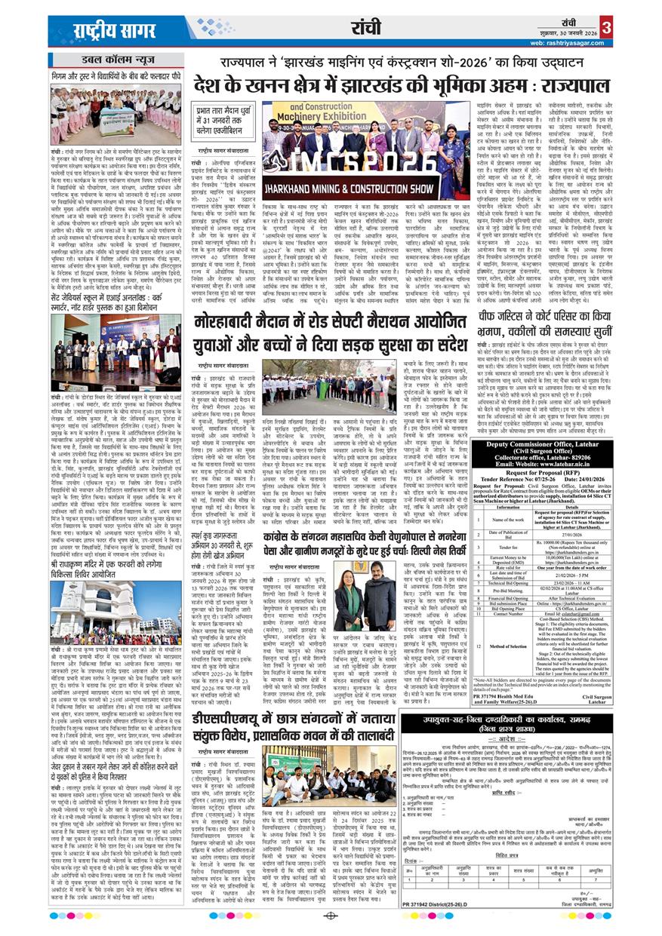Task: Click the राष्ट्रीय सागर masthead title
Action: tap(106, 30)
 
